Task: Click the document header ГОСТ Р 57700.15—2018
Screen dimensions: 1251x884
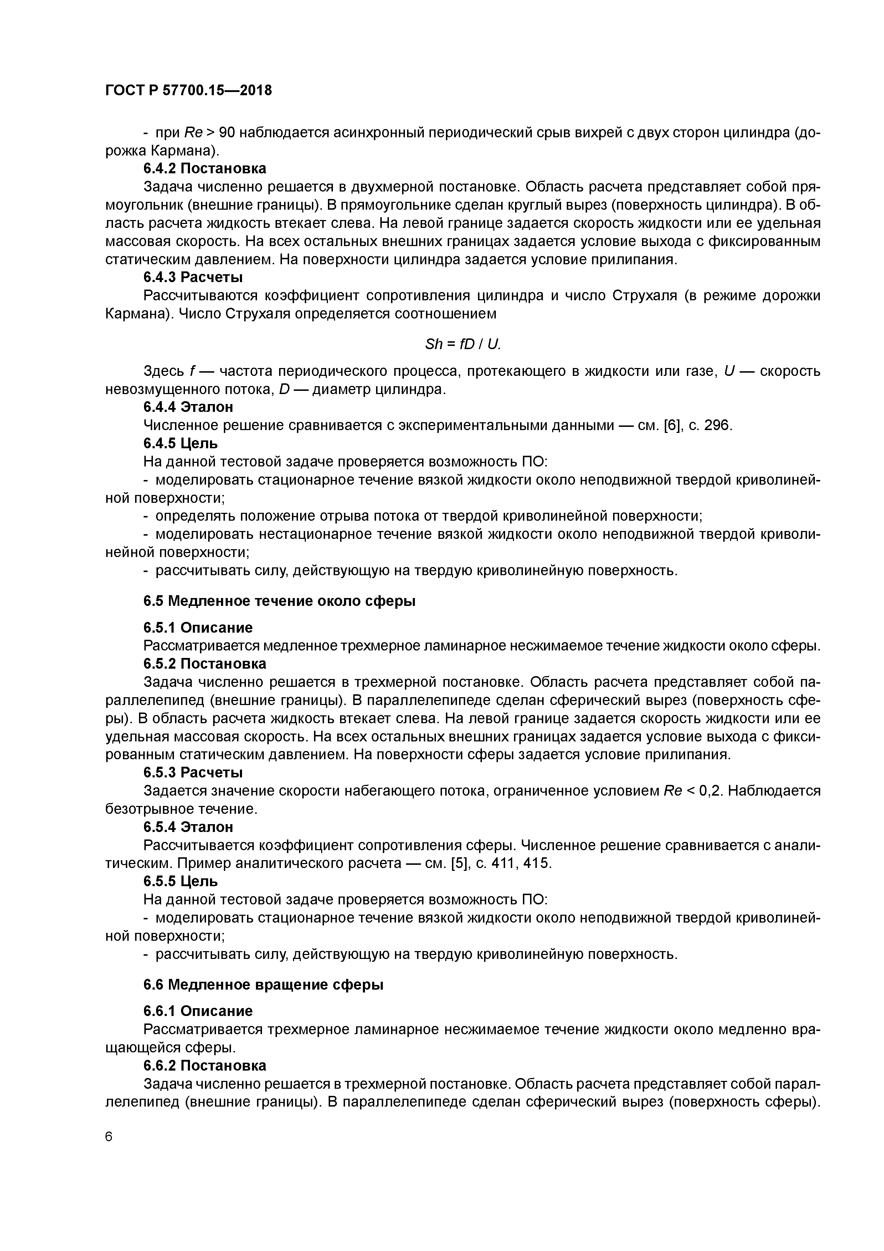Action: [x=189, y=91]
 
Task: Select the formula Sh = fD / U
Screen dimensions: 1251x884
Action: [x=462, y=344]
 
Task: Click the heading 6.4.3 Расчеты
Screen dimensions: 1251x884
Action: [x=193, y=277]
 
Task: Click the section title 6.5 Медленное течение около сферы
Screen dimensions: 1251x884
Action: [x=279, y=601]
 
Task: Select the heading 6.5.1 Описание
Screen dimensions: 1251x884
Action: [x=198, y=628]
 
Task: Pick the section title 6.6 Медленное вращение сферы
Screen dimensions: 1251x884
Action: [x=264, y=985]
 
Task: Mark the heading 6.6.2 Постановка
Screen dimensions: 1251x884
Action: [x=205, y=1065]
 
